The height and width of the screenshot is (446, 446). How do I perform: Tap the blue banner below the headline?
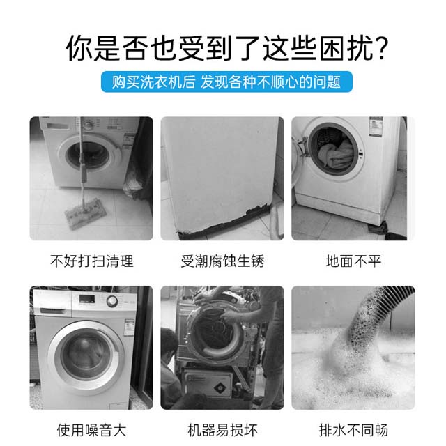tap(226, 82)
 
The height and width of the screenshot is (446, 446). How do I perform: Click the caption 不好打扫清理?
tap(91, 261)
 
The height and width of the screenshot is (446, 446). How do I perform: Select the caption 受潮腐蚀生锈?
tap(222, 261)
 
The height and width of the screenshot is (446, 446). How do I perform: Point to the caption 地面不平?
tap(353, 261)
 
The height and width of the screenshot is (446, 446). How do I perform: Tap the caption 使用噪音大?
tap(91, 429)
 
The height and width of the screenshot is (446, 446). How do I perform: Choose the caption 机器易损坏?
tap(222, 429)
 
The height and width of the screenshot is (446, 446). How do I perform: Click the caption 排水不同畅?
tap(353, 429)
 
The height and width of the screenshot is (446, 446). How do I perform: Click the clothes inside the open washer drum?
tap(336, 153)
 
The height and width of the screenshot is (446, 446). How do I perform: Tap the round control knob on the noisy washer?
tap(111, 301)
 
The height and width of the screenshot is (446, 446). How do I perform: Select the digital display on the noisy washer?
tap(86, 299)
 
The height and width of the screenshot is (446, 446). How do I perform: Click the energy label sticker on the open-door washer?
tap(376, 127)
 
